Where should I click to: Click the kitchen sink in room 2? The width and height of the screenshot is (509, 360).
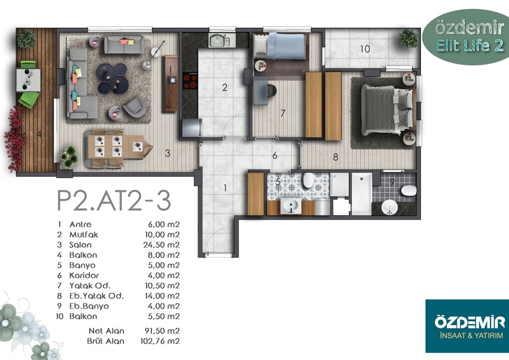[x=219, y=41]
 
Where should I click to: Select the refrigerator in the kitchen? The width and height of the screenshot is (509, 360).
[x=192, y=128]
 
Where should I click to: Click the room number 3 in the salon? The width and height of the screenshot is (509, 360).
[x=168, y=153]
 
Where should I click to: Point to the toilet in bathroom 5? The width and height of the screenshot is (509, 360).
[x=308, y=180]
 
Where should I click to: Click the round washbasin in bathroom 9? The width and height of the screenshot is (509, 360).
[x=390, y=207]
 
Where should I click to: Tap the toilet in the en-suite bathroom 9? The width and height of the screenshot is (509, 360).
[x=409, y=190]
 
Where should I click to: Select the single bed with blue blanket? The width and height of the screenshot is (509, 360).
[x=280, y=46]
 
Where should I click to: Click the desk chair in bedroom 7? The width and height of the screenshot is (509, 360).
[x=269, y=90]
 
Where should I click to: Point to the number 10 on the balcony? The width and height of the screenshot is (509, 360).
[x=365, y=49]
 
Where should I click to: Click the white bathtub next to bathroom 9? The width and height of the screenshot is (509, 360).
[x=362, y=194]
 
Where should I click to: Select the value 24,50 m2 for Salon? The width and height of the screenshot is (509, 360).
[x=162, y=245]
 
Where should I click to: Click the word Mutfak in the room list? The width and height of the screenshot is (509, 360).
[x=84, y=235]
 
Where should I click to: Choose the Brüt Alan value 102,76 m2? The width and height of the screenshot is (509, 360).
[x=160, y=341]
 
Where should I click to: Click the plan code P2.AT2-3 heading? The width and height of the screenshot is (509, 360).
[x=114, y=201]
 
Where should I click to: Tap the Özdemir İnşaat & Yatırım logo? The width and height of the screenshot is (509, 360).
[x=467, y=326]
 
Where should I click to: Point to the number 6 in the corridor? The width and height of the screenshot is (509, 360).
[x=275, y=156]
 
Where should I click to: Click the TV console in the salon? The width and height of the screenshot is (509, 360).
[x=171, y=84]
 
